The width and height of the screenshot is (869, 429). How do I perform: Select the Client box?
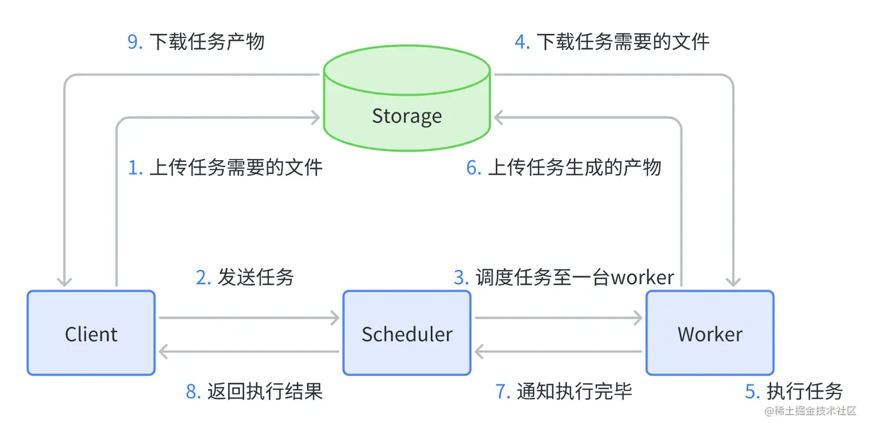[91, 333]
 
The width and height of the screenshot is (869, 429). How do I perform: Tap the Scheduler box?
[406, 333]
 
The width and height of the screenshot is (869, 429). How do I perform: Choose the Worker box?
[710, 333]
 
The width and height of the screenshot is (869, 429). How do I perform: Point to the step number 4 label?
[522, 42]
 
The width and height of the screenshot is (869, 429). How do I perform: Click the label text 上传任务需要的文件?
[236, 167]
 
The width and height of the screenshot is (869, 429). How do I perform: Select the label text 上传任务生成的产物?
[574, 167]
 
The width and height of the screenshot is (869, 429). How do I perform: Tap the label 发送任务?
[255, 277]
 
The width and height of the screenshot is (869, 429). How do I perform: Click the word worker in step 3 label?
[642, 277]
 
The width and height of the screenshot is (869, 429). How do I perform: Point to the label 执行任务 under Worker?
[805, 391]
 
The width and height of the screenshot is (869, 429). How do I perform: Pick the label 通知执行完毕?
[574, 391]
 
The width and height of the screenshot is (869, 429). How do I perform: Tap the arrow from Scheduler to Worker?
[558, 317]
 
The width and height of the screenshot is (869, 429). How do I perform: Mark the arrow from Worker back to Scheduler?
[558, 351]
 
